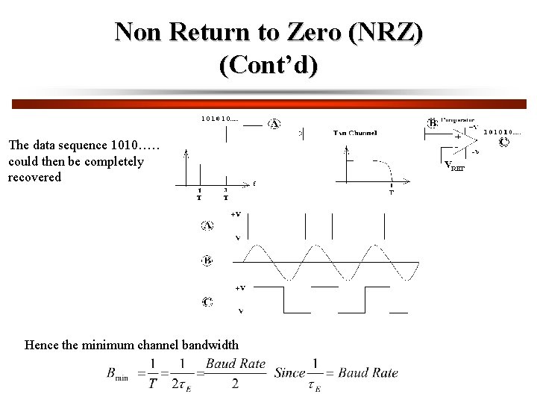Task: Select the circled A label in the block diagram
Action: click(x=274, y=124)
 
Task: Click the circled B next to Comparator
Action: click(x=432, y=122)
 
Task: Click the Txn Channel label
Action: click(x=354, y=133)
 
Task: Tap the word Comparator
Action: click(x=459, y=119)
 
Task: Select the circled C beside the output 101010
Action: click(x=504, y=142)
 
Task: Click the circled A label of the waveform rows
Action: click(x=207, y=225)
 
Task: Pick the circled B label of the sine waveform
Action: click(x=207, y=260)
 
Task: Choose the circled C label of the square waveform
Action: click(x=207, y=302)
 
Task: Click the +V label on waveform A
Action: click(x=236, y=214)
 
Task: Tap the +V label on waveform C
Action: click(x=240, y=287)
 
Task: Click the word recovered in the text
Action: click(x=34, y=178)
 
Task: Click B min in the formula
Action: click(x=117, y=374)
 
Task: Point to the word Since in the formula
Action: click(x=289, y=372)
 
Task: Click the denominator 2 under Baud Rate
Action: click(x=235, y=384)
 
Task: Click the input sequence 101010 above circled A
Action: click(x=220, y=119)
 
